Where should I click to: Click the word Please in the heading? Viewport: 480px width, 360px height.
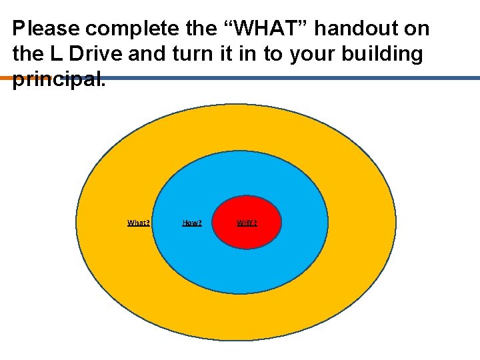(x=46, y=29)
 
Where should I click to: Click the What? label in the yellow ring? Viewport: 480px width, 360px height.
(x=139, y=223)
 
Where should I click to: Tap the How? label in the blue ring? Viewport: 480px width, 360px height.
(x=192, y=223)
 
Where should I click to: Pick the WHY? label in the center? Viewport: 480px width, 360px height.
(x=247, y=223)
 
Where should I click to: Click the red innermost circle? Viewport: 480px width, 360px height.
(x=247, y=237)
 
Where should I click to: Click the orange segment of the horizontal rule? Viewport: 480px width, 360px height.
(x=6, y=78)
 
